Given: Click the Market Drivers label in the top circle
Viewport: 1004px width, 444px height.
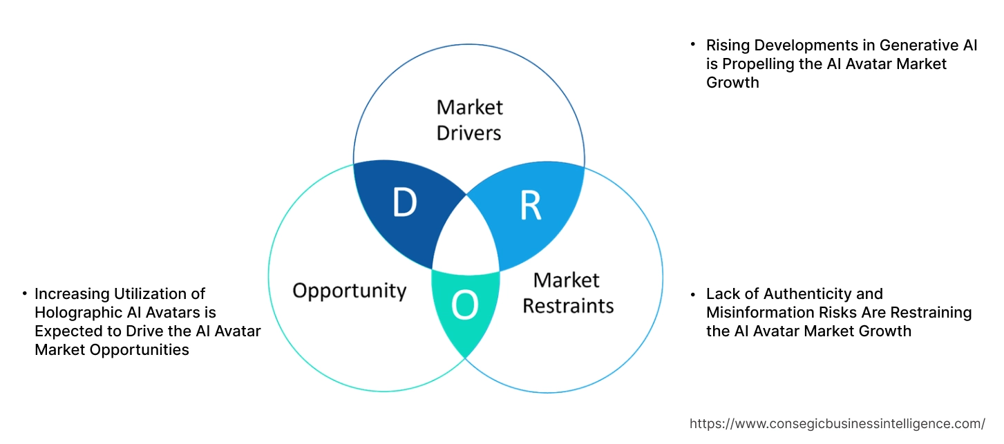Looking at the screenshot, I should click(469, 119).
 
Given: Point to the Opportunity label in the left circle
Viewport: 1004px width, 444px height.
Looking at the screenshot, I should click(349, 290).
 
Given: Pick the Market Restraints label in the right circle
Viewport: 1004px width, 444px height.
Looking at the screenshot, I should click(567, 292).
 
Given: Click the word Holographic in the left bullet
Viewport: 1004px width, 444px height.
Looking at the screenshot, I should click(77, 313).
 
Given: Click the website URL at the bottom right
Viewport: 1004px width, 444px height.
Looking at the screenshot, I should click(837, 423).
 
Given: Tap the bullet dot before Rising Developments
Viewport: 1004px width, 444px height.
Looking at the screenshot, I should click(693, 44).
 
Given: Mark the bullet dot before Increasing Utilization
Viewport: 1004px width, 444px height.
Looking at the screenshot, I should click(24, 294).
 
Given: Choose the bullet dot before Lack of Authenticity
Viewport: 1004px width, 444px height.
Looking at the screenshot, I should click(693, 294).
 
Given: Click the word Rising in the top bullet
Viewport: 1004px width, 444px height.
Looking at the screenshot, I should click(726, 46).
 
